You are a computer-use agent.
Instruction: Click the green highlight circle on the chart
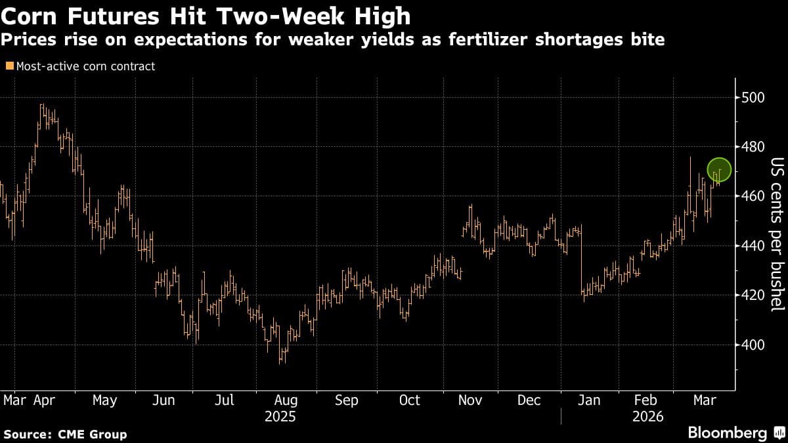[x=719, y=170]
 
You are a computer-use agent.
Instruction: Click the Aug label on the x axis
[x=286, y=400]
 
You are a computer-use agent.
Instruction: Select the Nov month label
[x=470, y=400]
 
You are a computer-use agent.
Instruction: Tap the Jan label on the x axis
[x=588, y=400]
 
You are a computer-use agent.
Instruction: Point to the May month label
[x=104, y=400]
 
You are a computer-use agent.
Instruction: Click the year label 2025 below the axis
[x=280, y=417]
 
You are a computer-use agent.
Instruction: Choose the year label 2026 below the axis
[x=647, y=417]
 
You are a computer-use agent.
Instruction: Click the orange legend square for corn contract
[x=9, y=66]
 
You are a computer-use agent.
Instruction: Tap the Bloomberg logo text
[x=727, y=433]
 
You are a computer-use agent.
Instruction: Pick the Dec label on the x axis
[x=529, y=400]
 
